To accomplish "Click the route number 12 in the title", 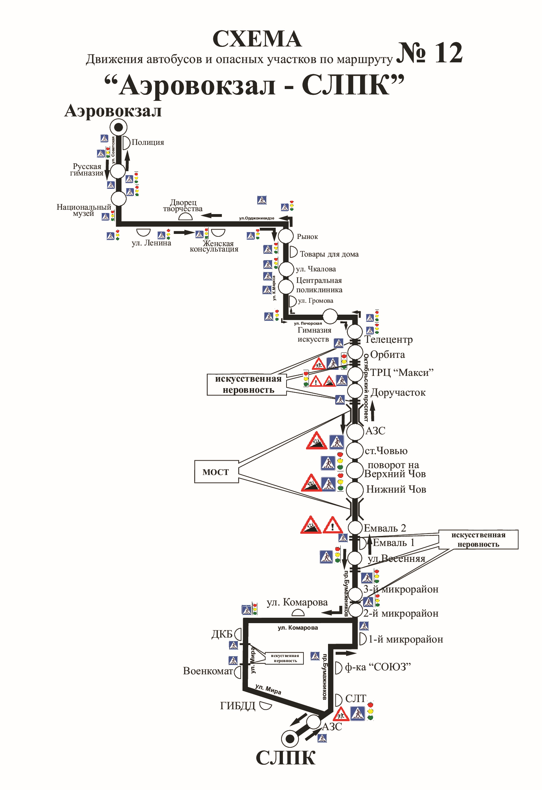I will (x=429, y=53).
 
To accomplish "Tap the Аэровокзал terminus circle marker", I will (x=118, y=127).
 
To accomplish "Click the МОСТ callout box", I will (x=216, y=472).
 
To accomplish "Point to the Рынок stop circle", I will (x=286, y=236).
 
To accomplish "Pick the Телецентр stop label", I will (x=388, y=339).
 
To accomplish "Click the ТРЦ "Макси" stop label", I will (x=401, y=372).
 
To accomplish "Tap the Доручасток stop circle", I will (x=355, y=391).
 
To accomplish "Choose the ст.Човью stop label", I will (x=386, y=451).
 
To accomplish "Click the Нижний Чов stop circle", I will (x=355, y=490).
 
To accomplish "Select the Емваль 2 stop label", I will (x=385, y=528).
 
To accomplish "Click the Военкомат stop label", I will (x=207, y=671).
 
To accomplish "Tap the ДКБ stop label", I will (x=222, y=634).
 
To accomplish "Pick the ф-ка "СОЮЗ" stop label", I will (x=377, y=667).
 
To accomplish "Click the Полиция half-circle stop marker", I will (x=126, y=143).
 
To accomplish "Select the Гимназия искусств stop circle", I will (x=329, y=316).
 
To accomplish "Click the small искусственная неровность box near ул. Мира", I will (x=285, y=658).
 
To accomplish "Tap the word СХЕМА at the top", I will (x=257, y=39).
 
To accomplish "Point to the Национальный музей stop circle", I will (x=118, y=199).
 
